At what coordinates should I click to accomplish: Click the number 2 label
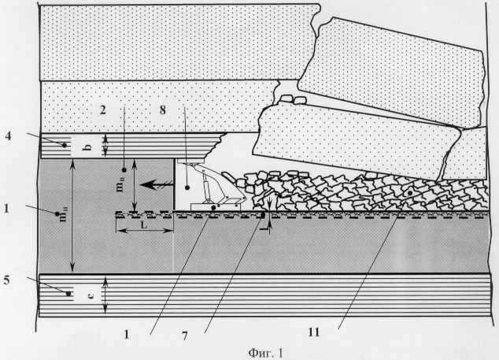[x=103, y=110]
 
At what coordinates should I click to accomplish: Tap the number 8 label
[x=163, y=110]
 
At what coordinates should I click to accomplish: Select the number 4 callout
[x=8, y=136]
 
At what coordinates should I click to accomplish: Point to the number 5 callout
[x=6, y=280]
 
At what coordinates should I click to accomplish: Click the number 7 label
[x=185, y=336]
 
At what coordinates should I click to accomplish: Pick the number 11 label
[x=313, y=332]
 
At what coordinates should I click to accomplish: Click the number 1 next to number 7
[x=127, y=335]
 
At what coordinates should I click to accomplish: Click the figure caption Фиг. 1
[x=265, y=353]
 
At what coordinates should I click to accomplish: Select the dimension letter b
[x=89, y=147]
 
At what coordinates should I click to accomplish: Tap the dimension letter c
[x=91, y=296]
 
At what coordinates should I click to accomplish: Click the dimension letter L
[x=144, y=225]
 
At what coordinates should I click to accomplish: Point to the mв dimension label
[x=120, y=184]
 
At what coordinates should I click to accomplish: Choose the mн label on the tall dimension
[x=63, y=214]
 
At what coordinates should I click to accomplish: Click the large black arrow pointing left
[x=157, y=184]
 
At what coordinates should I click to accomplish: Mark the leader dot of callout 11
[x=410, y=193]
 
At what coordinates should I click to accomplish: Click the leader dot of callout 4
[x=65, y=145]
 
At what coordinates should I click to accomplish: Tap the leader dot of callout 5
[x=68, y=294]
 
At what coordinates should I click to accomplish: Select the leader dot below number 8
[x=187, y=188]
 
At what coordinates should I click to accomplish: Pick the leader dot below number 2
[x=124, y=170]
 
